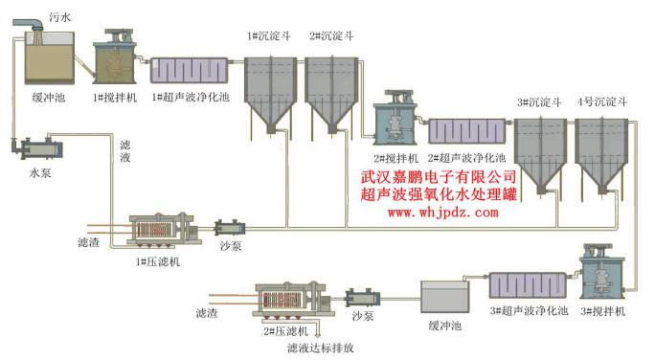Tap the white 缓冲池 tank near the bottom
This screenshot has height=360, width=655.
[447, 296]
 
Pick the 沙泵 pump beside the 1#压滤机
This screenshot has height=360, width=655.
[230, 229]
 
